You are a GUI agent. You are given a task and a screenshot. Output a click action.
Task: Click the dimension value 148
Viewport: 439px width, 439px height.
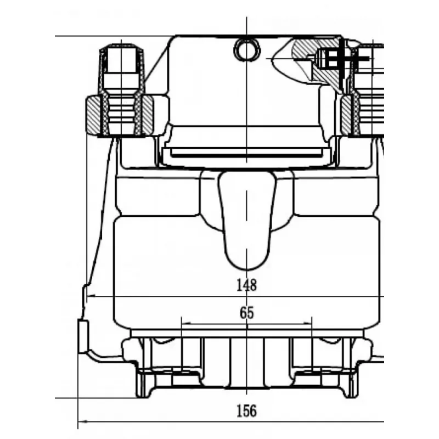click(x=246, y=285)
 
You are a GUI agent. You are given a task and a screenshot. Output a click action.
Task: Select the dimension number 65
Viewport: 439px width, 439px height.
click(x=246, y=312)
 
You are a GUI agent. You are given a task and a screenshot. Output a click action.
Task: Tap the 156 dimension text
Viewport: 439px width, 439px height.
click(x=246, y=411)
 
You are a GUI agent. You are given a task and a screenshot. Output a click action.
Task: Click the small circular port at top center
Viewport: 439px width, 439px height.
click(x=246, y=50)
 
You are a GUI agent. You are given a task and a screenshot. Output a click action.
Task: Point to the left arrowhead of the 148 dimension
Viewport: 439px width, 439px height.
click(x=91, y=296)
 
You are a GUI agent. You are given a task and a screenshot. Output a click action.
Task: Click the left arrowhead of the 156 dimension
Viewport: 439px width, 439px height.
click(x=82, y=421)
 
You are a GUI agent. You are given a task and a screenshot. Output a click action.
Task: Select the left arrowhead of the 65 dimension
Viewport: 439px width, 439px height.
click(x=186, y=323)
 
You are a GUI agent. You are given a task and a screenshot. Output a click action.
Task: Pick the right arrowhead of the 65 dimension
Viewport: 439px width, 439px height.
click(x=307, y=323)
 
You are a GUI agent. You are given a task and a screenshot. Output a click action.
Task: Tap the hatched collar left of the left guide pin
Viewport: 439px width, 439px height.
click(x=93, y=115)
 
